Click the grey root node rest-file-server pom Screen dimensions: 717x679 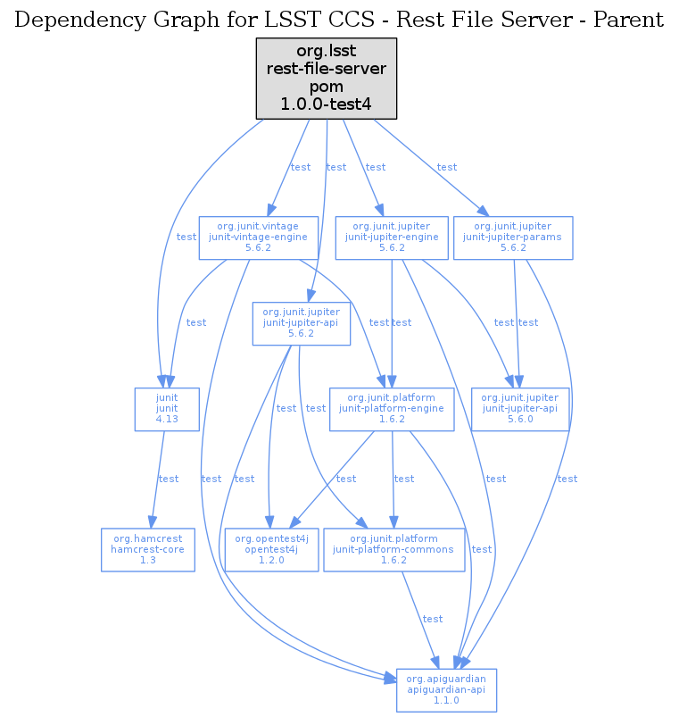326,79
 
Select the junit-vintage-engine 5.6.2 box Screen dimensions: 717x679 258,238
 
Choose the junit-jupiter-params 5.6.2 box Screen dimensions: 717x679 513,238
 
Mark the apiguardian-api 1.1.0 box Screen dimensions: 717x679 446,690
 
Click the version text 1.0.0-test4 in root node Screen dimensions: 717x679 326,104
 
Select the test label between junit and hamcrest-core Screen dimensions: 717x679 169,479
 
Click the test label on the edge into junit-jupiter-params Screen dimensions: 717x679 447,167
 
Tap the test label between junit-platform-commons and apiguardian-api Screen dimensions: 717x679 433,619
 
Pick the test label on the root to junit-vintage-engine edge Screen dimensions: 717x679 301,167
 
